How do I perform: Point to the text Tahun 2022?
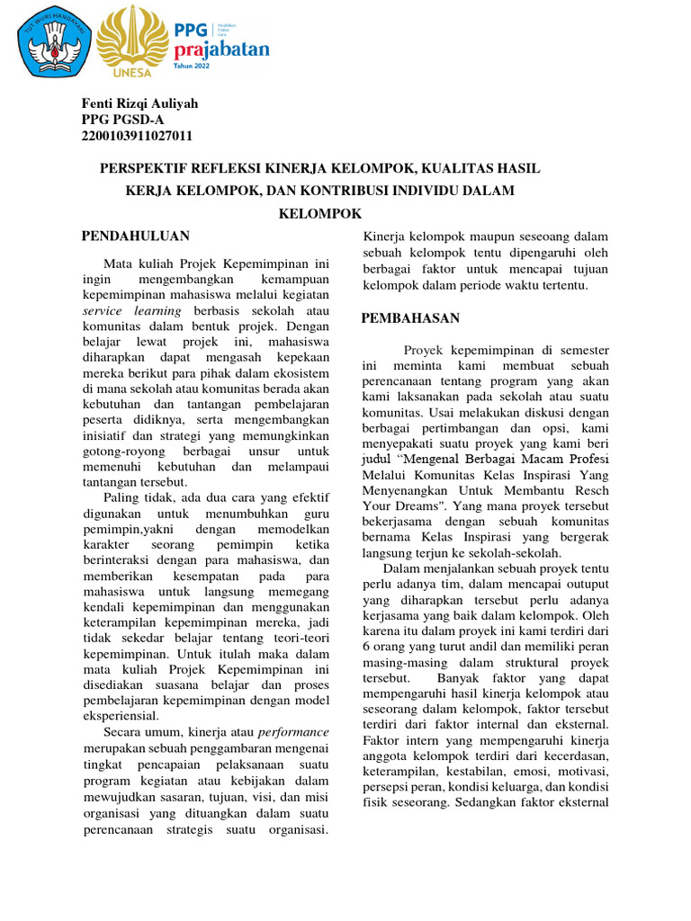(x=211, y=67)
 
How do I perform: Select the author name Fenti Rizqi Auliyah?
(x=139, y=103)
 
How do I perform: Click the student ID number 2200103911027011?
(x=137, y=136)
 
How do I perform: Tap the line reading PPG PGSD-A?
(x=122, y=120)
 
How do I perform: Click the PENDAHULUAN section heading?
(x=136, y=236)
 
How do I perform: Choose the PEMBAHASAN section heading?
(x=410, y=318)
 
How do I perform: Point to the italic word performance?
(x=293, y=732)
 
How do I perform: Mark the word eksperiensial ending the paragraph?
(x=121, y=716)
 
